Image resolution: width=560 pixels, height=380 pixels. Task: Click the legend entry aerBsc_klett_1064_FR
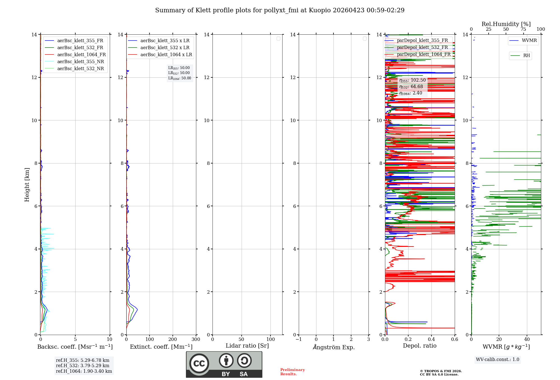point(81,55)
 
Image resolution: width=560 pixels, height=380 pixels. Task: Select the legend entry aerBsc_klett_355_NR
point(81,62)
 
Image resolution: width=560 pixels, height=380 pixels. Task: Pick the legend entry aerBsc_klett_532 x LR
point(165,48)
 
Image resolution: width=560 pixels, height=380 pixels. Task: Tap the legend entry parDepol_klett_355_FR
point(422,41)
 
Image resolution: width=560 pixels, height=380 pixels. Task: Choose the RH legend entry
point(526,56)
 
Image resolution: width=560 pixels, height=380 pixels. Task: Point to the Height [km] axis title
point(27,185)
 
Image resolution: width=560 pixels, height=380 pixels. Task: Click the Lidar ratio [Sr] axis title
point(247,346)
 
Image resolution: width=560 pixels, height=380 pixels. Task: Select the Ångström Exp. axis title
point(334,347)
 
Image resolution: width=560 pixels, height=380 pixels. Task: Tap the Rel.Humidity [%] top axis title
point(506,24)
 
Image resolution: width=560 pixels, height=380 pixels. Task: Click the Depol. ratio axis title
point(419,346)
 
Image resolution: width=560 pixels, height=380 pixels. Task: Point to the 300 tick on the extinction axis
point(196,339)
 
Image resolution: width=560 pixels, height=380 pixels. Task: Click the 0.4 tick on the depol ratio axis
point(431,339)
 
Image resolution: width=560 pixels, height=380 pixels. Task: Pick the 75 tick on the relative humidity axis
point(523,29)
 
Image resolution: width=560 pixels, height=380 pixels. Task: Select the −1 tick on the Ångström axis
point(299,339)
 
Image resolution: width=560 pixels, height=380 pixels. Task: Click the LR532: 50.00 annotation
point(179,73)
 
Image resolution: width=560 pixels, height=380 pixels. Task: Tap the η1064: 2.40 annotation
point(410,93)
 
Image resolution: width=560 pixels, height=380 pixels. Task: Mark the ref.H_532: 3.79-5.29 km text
point(83,366)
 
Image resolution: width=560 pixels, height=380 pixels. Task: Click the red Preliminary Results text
point(292,372)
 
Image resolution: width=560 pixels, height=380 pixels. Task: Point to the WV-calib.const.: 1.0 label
point(498,360)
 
